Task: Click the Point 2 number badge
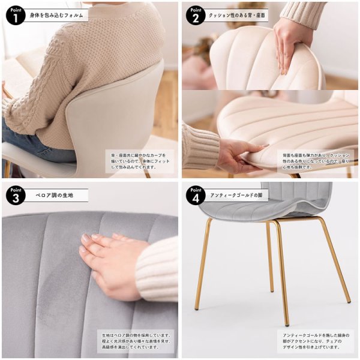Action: (x=194, y=15)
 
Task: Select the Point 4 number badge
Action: (x=194, y=196)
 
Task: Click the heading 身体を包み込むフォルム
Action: (x=57, y=14)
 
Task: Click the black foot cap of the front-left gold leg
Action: (x=196, y=310)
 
